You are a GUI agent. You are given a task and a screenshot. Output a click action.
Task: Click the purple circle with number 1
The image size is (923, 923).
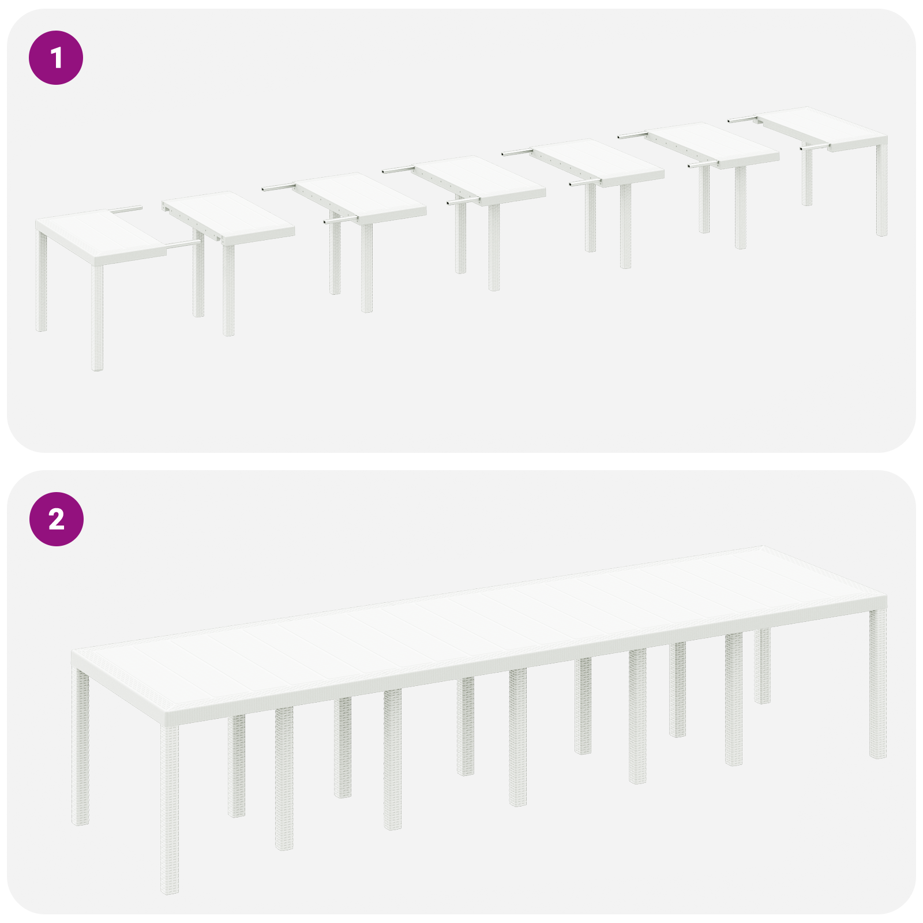click(56, 58)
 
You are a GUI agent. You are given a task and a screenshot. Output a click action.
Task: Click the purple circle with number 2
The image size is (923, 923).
click(56, 519)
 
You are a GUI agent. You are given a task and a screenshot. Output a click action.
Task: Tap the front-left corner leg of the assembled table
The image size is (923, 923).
click(169, 808)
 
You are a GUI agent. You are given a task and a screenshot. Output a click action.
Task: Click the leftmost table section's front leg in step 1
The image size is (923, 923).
click(97, 317)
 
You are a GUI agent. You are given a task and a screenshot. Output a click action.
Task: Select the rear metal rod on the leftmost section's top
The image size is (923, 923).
click(128, 209)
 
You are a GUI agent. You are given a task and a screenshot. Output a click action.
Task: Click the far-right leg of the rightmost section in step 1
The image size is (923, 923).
click(881, 190)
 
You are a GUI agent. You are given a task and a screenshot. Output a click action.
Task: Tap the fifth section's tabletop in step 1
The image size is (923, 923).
click(600, 162)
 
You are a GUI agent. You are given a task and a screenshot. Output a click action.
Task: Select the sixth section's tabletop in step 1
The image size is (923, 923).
click(715, 144)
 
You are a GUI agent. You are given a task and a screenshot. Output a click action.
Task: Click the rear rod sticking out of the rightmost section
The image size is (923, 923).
click(742, 120)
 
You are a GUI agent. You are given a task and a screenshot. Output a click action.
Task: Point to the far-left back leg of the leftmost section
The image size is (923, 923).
click(41, 283)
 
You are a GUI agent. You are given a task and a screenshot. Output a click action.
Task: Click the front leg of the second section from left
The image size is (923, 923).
click(228, 288)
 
